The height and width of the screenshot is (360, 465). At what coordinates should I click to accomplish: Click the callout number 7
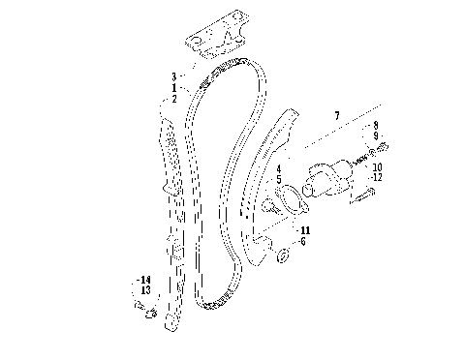337,115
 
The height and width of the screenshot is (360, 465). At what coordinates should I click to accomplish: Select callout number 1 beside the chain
174,87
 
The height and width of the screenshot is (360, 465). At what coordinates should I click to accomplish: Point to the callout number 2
174,98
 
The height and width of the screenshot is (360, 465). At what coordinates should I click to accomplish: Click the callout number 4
278,168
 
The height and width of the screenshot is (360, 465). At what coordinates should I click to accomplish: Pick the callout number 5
278,179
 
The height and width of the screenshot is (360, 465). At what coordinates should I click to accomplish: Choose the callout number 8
377,126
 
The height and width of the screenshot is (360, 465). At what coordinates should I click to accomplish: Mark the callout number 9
377,136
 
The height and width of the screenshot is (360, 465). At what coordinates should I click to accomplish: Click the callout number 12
377,177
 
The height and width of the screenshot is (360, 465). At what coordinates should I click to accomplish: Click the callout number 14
145,280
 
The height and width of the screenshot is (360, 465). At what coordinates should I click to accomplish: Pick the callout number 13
145,290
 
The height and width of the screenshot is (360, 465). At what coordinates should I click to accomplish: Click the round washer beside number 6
282,255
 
